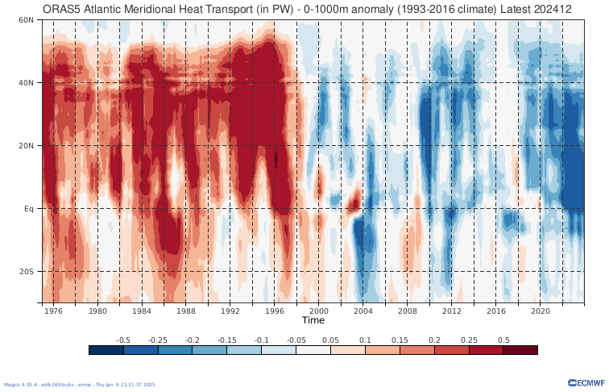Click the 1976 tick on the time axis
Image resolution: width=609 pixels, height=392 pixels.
pyautogui.click(x=53, y=311)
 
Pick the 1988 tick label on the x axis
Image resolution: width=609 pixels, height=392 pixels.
pyautogui.click(x=186, y=311)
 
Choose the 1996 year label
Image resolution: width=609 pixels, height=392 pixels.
pyautogui.click(x=275, y=311)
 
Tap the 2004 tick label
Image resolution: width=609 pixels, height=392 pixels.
pyautogui.click(x=363, y=311)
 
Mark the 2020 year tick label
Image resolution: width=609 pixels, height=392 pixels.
pyautogui.click(x=540, y=311)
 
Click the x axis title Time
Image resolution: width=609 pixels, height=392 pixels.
pyautogui.click(x=313, y=320)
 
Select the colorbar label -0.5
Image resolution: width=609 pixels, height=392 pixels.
pyautogui.click(x=123, y=340)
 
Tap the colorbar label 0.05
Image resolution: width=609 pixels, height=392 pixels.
pyautogui.click(x=330, y=340)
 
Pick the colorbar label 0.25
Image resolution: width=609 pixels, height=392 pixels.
pyautogui.click(x=468, y=340)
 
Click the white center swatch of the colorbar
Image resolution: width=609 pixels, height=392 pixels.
pyautogui.click(x=313, y=350)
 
